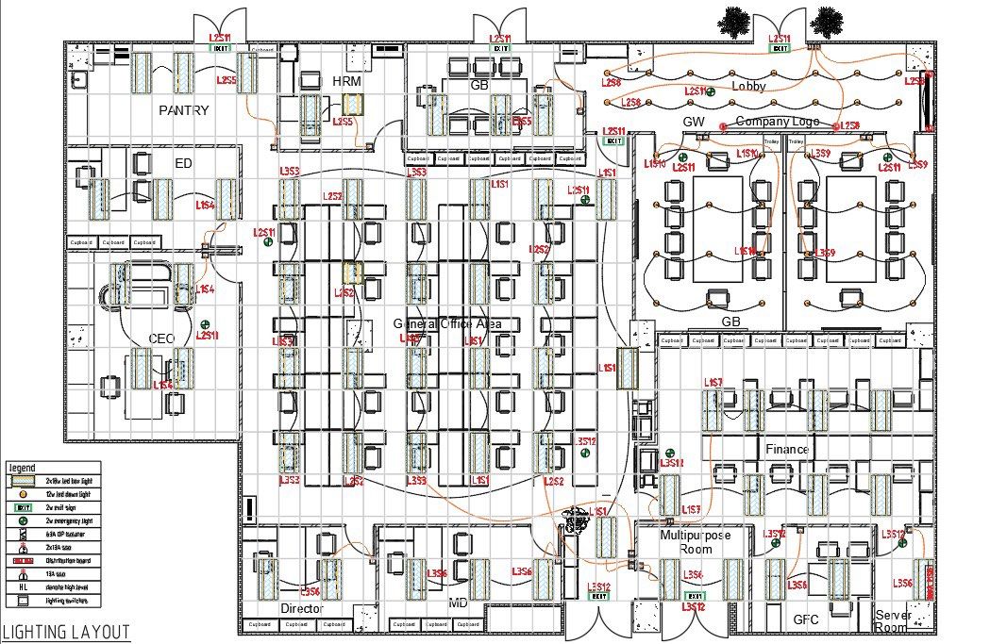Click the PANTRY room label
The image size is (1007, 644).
coord(183,110)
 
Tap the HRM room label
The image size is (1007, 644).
coord(346,82)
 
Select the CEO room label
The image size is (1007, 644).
coord(161,339)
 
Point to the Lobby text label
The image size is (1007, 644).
coord(749,86)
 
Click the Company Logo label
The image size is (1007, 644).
coord(777,122)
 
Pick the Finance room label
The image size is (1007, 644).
coord(786,450)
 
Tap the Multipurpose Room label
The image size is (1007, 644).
coord(695,541)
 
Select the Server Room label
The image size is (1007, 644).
coord(892,620)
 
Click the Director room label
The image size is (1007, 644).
coord(302,609)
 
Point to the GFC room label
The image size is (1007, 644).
coord(806,619)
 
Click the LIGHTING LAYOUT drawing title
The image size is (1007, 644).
coord(65,633)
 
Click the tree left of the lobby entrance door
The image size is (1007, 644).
coord(733,21)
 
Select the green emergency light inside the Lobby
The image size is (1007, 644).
coord(710,91)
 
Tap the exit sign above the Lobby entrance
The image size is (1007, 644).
coord(780,48)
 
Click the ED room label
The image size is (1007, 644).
coord(183,163)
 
